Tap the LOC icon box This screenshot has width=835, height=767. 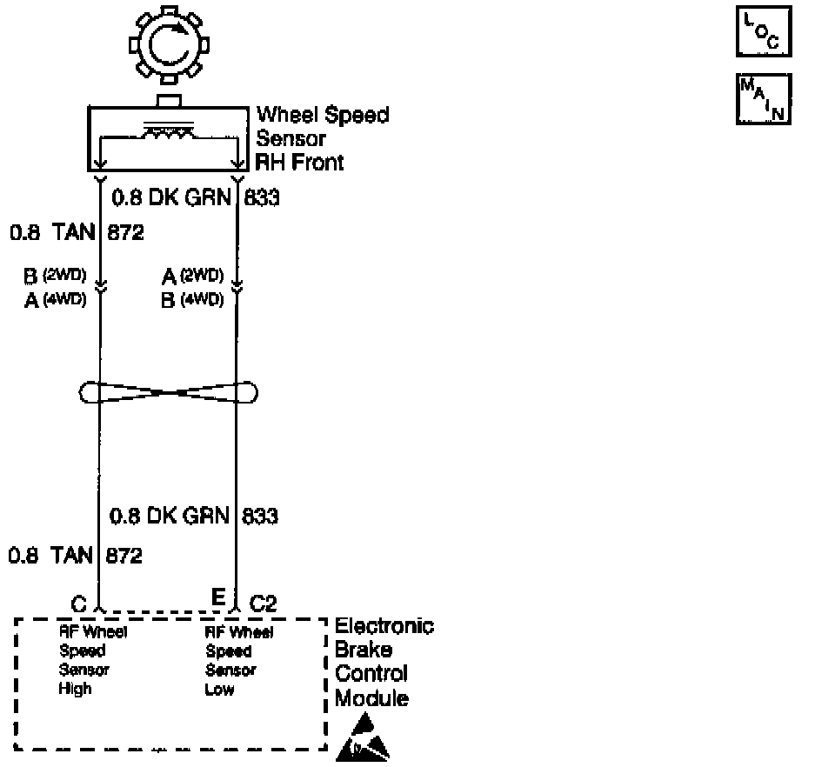763,33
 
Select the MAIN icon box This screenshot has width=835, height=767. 763,99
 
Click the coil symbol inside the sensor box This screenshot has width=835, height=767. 169,132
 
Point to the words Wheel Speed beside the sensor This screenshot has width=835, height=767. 323,115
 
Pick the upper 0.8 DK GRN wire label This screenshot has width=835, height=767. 170,198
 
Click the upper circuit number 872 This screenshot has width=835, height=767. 124,233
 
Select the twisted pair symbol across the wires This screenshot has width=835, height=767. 169,393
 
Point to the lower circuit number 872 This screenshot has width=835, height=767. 124,555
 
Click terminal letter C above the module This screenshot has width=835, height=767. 79,603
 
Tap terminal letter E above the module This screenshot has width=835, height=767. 218,597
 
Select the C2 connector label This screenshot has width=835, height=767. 264,603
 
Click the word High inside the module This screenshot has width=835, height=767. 76,690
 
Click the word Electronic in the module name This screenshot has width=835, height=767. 384,626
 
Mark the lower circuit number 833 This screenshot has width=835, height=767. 260,517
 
